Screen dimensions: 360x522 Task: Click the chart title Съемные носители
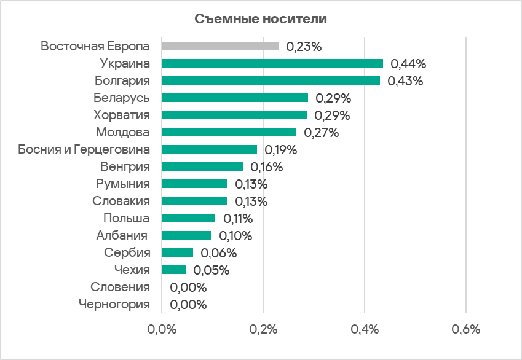click(x=261, y=19)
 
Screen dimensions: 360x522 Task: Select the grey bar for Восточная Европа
click(x=220, y=46)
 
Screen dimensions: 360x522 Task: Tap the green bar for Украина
click(x=272, y=63)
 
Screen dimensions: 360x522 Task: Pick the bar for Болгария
click(x=271, y=80)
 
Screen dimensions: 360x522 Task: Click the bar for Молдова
click(x=229, y=132)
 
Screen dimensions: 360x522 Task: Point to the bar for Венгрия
click(x=202, y=166)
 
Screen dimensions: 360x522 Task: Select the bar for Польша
click(x=189, y=218)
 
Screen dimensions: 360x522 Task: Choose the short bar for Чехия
click(x=173, y=270)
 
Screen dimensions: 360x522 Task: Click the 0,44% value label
click(x=408, y=63)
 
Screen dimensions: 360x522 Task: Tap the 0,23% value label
click(x=304, y=46)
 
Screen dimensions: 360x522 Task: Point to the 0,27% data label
click(x=321, y=132)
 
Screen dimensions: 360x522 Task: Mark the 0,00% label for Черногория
click(x=188, y=305)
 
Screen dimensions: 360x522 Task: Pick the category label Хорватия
click(x=122, y=115)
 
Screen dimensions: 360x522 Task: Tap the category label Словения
click(x=120, y=287)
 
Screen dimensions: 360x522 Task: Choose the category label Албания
click(x=122, y=235)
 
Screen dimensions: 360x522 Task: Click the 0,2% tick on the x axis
click(x=263, y=329)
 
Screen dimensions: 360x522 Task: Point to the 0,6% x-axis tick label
click(x=465, y=329)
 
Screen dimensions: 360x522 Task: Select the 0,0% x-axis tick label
click(x=162, y=329)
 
